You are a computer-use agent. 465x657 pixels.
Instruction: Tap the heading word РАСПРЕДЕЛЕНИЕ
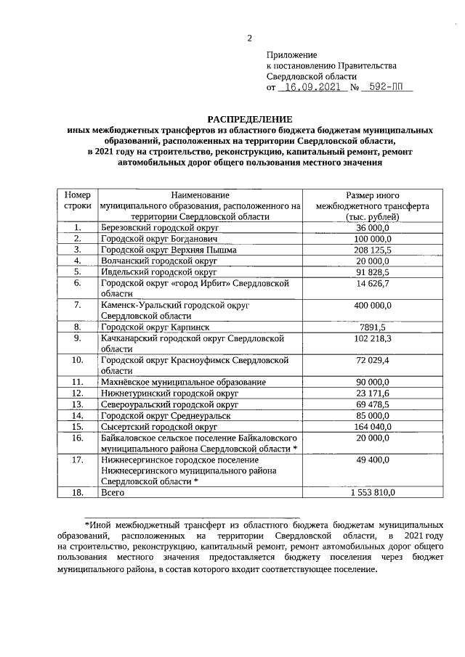tap(249, 118)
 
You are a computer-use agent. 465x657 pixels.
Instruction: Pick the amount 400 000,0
tap(373, 306)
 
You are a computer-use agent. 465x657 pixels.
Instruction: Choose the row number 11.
tap(78, 381)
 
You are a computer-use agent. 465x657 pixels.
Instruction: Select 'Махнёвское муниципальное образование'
tap(183, 381)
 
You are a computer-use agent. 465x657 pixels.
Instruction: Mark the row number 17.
tap(78, 460)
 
